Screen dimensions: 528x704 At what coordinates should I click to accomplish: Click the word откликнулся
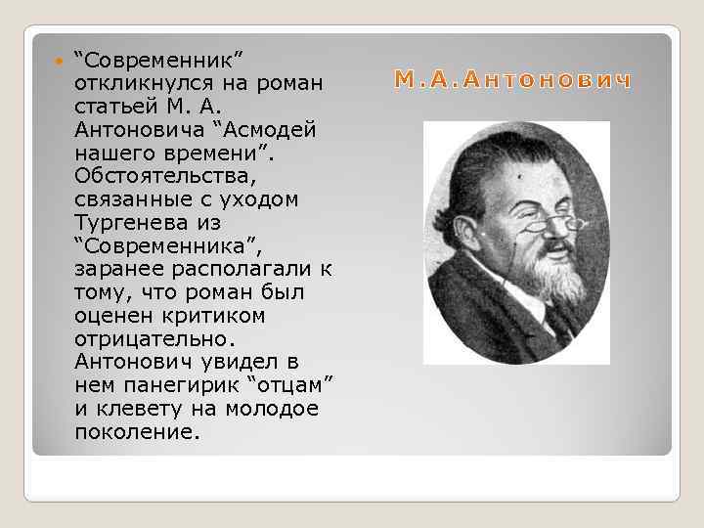(x=136, y=84)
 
